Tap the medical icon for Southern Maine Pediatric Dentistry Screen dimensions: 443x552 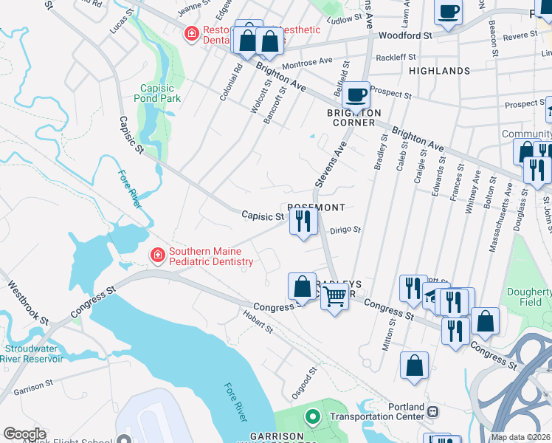tap(157, 256)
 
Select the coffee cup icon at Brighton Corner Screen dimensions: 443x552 tap(356, 95)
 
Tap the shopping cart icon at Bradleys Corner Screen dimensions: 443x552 tap(335, 297)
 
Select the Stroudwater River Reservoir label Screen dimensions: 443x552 tap(33, 354)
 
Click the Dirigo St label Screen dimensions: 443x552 tap(345, 230)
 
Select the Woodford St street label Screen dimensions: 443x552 tap(404, 35)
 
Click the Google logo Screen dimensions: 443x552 tap(24, 434)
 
